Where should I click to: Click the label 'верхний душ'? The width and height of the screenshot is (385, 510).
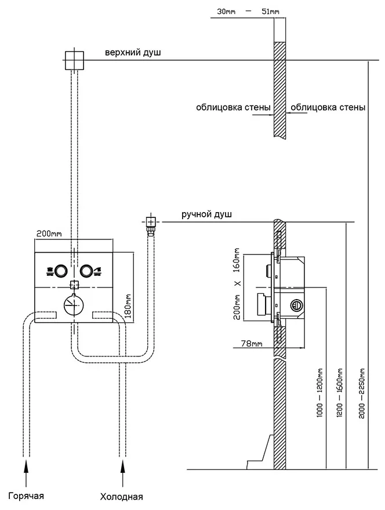[133, 53]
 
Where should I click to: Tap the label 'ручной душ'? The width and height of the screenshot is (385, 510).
[206, 214]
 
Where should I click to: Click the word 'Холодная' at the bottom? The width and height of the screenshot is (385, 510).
[121, 497]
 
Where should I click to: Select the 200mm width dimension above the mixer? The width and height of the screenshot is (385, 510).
[49, 234]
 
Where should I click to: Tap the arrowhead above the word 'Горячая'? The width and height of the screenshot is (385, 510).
[26, 465]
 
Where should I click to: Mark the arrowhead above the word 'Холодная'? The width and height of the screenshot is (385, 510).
[122, 465]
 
